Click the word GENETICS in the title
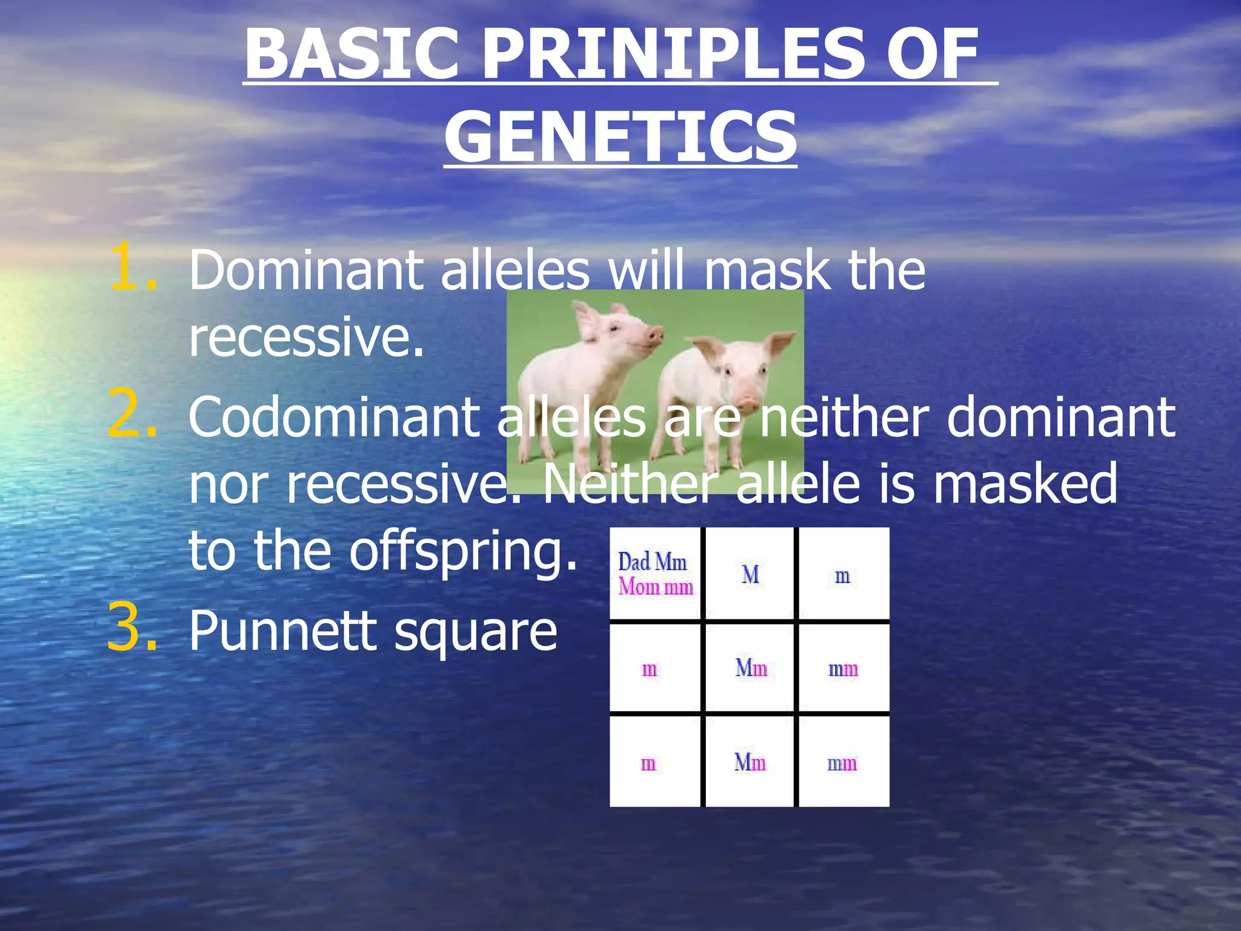click(x=620, y=137)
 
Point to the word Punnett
click(x=284, y=630)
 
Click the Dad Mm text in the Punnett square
click(x=652, y=562)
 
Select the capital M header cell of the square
click(x=750, y=574)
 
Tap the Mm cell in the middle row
click(x=751, y=668)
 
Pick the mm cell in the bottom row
click(x=842, y=763)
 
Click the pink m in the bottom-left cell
click(x=648, y=763)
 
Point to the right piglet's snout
click(x=748, y=401)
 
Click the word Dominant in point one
click(x=306, y=270)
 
